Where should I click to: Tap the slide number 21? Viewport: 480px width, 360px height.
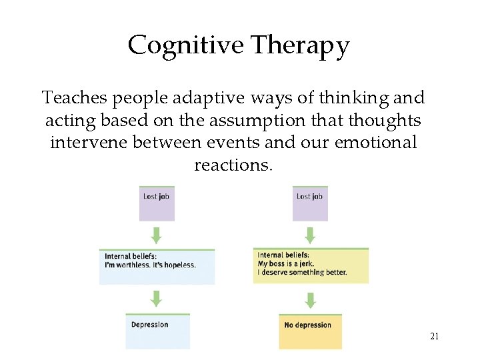[434, 337]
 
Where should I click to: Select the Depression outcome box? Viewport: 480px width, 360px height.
[157, 331]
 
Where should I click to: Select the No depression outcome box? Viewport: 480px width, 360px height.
[310, 331]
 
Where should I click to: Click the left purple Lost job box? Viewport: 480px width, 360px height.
[157, 203]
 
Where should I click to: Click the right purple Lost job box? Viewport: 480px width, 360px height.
[310, 203]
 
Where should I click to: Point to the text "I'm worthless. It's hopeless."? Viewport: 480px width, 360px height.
[150, 265]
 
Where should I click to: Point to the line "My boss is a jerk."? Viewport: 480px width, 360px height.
[287, 263]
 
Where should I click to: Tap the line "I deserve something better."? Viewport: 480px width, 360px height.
[302, 272]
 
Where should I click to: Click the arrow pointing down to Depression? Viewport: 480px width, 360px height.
[157, 298]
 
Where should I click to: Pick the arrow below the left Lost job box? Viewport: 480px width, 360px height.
[157, 235]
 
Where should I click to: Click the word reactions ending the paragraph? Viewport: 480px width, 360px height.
[231, 165]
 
